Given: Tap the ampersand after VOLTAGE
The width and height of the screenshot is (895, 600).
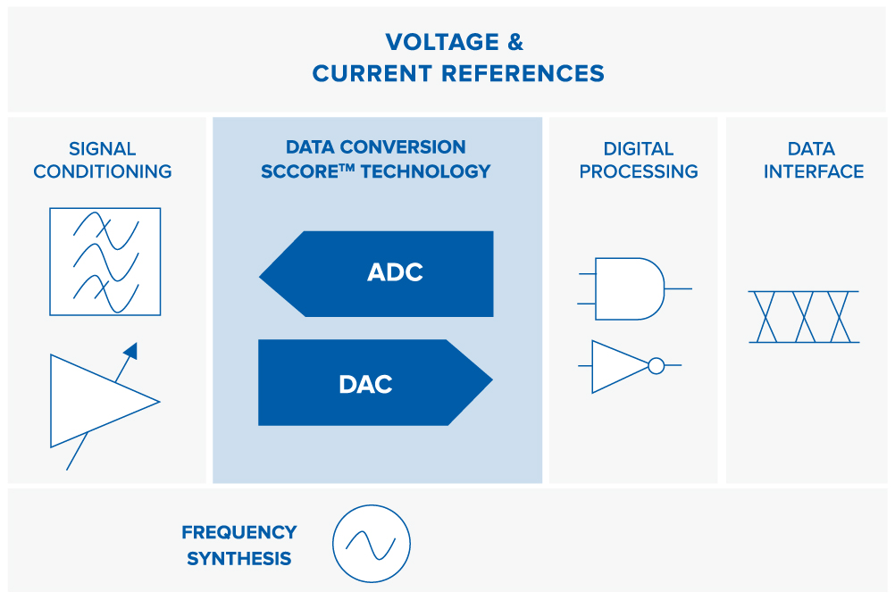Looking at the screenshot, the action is click(x=515, y=42).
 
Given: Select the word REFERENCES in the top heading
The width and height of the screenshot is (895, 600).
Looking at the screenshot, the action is click(x=523, y=73).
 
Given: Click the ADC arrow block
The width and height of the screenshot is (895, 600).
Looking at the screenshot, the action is click(x=376, y=274).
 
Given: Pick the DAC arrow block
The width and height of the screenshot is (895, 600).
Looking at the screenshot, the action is click(x=375, y=383).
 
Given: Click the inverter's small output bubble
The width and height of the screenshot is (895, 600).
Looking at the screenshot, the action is click(x=657, y=365).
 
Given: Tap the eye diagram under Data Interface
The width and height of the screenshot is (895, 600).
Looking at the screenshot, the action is click(x=804, y=317).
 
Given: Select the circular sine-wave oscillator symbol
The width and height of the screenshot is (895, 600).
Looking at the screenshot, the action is click(x=372, y=544).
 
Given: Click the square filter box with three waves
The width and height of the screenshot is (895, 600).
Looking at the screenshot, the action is click(x=105, y=262).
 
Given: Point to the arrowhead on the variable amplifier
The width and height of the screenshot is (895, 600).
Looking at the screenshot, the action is click(x=131, y=350).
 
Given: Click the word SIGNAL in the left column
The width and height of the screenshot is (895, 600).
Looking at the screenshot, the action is click(x=102, y=149).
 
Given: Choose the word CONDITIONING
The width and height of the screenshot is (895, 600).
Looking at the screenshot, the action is click(x=102, y=171).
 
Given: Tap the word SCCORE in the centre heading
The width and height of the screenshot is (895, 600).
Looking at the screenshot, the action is click(x=299, y=171).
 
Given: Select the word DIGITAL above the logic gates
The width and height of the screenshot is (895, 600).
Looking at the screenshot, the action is click(x=638, y=149).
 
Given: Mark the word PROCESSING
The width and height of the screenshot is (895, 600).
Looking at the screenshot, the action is click(x=638, y=171).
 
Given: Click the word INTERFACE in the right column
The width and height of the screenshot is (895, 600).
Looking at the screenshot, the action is click(x=814, y=171).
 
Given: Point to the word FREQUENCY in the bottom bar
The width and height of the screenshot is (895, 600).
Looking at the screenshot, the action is click(x=239, y=532).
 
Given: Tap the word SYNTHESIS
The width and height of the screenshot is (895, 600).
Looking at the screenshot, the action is click(x=239, y=558).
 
